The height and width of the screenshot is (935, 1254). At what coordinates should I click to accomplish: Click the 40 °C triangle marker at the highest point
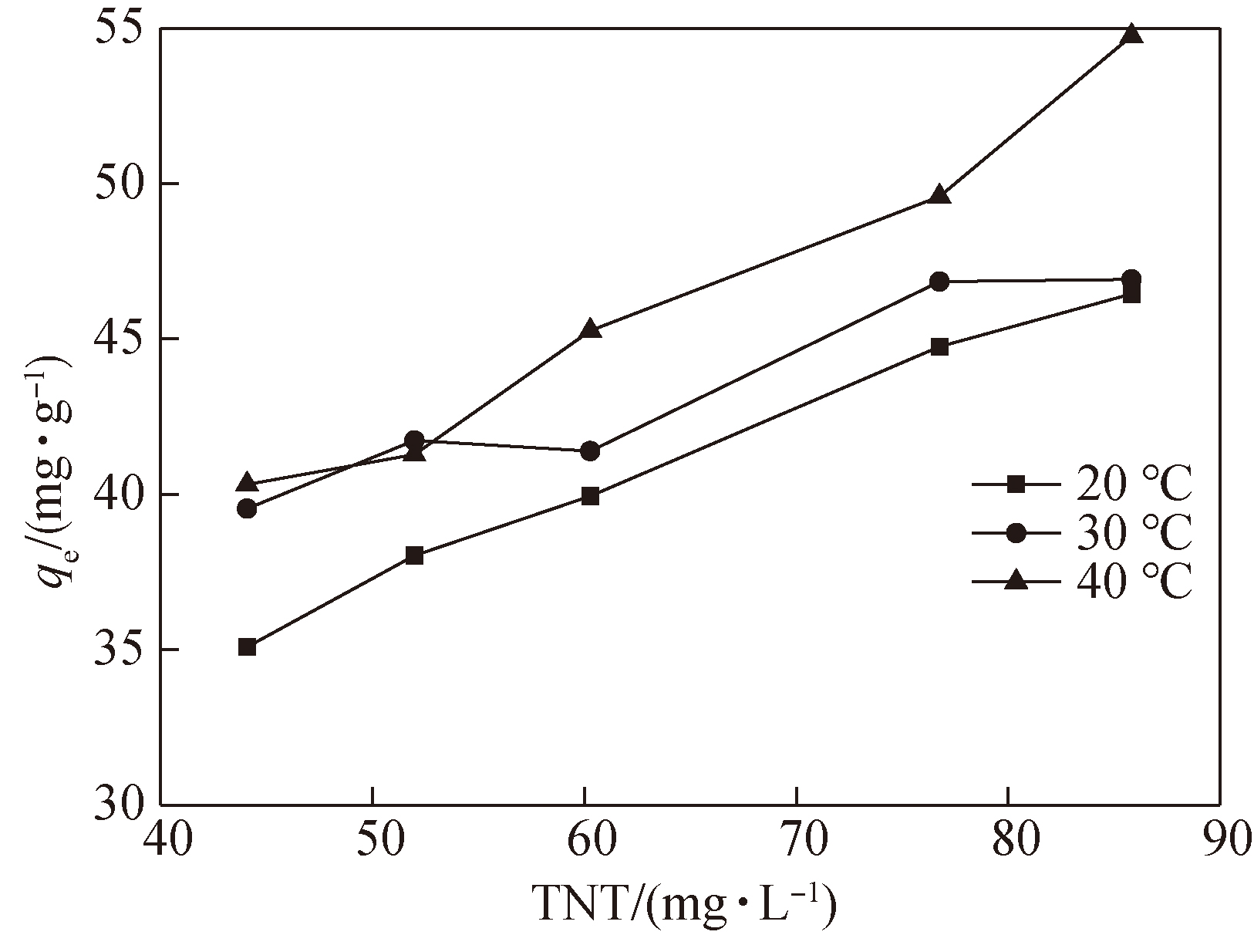pos(1131,34)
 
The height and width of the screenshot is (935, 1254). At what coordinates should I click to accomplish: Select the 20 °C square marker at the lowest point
pos(247,646)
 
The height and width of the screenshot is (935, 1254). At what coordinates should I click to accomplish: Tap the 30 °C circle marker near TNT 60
pos(590,451)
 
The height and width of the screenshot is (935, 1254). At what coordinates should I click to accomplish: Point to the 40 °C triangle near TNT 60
pos(590,329)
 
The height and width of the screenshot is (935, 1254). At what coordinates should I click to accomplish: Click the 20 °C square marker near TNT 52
pos(414,555)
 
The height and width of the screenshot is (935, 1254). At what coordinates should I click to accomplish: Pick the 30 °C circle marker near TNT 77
pos(939,282)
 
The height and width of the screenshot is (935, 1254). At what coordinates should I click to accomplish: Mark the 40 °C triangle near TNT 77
pos(939,195)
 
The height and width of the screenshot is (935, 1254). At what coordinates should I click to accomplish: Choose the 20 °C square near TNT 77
pos(939,346)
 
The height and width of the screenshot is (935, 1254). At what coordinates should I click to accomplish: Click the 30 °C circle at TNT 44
pos(247,508)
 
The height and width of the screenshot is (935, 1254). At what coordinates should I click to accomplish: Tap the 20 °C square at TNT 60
pos(590,496)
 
